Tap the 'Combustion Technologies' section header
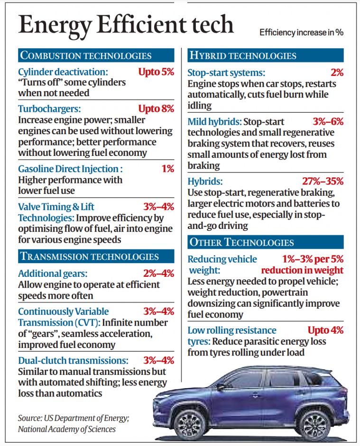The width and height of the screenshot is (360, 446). [x=86, y=55]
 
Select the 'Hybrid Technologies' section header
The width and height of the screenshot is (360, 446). [x=242, y=55]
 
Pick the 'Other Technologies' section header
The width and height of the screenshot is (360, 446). [x=241, y=242]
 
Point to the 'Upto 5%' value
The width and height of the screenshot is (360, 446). [x=156, y=72]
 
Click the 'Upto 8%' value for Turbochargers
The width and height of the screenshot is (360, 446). [x=156, y=109]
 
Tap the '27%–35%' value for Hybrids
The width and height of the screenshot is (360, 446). [x=323, y=181]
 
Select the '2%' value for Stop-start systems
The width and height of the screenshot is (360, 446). [x=337, y=73]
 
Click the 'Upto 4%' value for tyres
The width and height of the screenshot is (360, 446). [x=325, y=330]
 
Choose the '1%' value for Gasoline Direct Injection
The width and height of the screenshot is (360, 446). [x=167, y=169]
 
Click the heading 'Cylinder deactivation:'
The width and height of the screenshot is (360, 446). [x=63, y=72]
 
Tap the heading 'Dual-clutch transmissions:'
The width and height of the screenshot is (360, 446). [x=73, y=360]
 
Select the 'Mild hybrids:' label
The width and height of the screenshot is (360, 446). [x=214, y=122]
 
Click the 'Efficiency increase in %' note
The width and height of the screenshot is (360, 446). [x=301, y=33]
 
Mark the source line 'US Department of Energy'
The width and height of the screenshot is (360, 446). [x=73, y=418]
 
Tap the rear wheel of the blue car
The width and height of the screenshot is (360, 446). [x=314, y=423]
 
